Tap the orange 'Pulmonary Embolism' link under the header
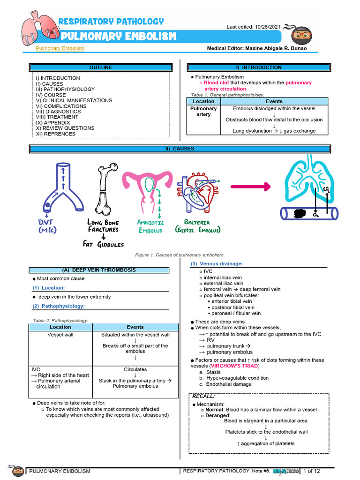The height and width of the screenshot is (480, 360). [x=60, y=48]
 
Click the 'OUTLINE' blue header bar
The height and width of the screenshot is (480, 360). [x=101, y=67]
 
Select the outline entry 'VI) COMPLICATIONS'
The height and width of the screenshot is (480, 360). [x=61, y=106]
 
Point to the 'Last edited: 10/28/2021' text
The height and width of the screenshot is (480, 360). [x=254, y=27]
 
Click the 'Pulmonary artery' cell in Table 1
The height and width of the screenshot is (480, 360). [x=203, y=111]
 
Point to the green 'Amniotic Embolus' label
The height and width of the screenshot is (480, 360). [x=150, y=226]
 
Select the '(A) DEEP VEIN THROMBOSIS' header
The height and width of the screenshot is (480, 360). [x=99, y=270]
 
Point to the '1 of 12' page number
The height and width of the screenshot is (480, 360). [x=312, y=471]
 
